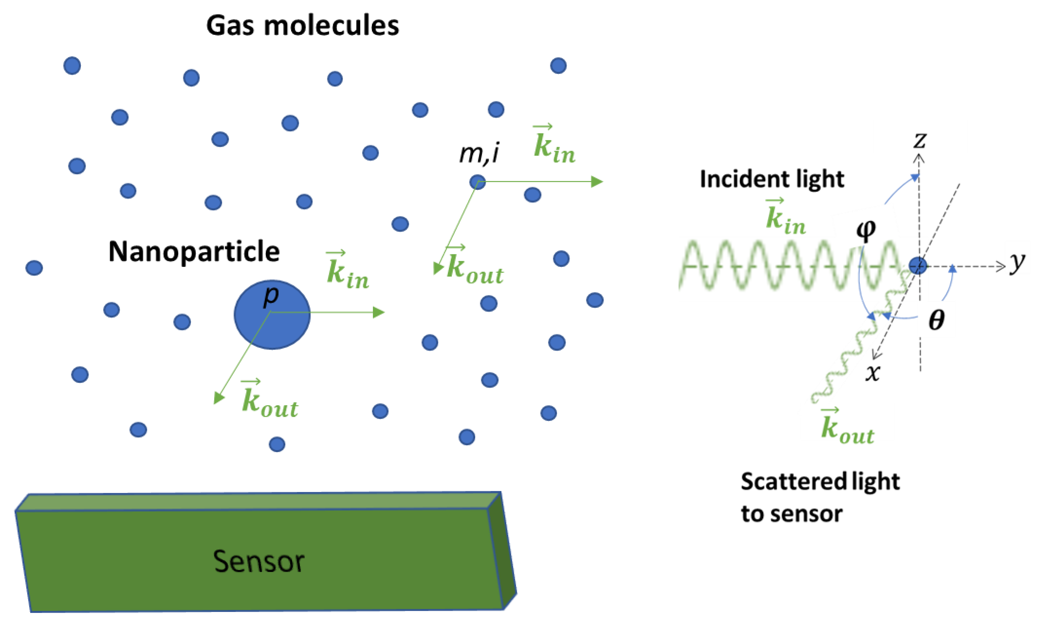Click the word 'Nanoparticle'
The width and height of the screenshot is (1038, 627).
click(194, 252)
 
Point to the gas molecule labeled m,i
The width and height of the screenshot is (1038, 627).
click(477, 182)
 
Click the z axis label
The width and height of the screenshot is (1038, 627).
click(920, 140)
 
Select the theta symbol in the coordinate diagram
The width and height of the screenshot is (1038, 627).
click(936, 320)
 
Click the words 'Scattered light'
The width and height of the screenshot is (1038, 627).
click(820, 481)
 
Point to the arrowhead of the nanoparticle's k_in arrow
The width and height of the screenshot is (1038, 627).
click(380, 312)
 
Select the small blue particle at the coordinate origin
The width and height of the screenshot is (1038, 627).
click(917, 266)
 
